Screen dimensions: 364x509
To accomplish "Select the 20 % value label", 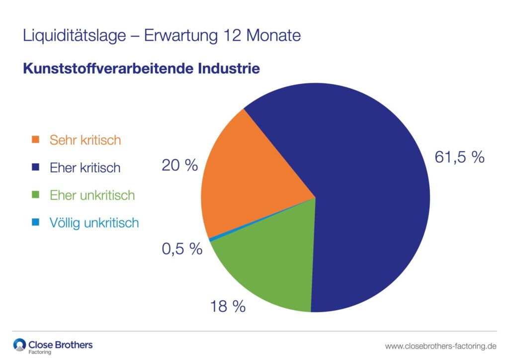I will [x=179, y=165].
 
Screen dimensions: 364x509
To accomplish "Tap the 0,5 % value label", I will [x=182, y=249].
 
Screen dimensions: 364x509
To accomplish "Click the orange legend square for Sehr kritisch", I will [x=35, y=140].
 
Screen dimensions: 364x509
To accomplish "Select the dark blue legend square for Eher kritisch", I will [x=35, y=168].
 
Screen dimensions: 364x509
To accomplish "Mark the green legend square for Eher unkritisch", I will [x=35, y=195].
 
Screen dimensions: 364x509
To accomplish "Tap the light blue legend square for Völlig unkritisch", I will [x=35, y=223].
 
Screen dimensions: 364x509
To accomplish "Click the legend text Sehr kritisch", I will [x=85, y=140].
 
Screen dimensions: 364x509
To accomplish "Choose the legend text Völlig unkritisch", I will [x=94, y=223].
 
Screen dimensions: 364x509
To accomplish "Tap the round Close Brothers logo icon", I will [x=19, y=345].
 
